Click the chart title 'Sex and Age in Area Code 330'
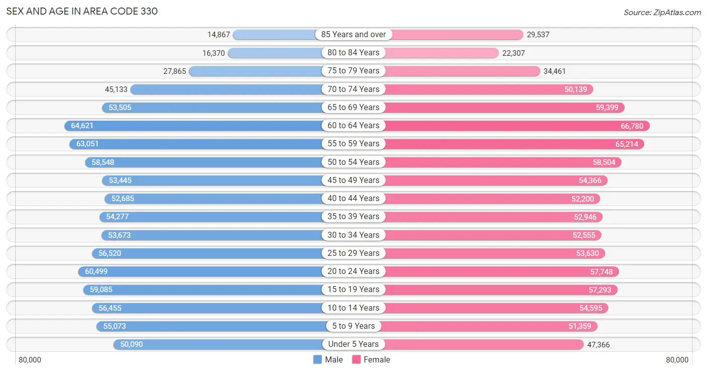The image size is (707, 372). (82, 12)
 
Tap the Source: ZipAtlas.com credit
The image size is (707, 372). (662, 12)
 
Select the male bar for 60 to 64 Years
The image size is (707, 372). (193, 126)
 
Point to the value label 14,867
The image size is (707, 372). (218, 35)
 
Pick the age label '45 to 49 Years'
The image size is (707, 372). (353, 180)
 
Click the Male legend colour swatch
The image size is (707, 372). (317, 359)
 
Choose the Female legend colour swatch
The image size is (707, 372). (357, 359)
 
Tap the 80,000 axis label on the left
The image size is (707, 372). (30, 360)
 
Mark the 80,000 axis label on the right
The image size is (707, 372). (677, 360)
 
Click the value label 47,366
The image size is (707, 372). (598, 344)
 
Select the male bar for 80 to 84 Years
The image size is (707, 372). (275, 53)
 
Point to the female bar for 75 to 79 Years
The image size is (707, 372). (463, 71)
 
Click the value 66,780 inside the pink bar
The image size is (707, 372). (632, 126)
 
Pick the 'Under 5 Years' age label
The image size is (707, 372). (353, 344)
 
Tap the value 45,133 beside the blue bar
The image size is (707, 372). (116, 89)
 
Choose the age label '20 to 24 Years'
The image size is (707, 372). (353, 271)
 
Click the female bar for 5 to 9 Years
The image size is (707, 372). (490, 326)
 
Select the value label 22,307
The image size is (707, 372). (513, 53)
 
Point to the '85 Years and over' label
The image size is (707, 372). (353, 34)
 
